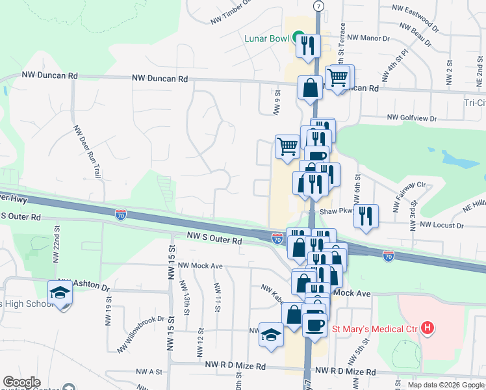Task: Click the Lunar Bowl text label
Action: tap(266, 38)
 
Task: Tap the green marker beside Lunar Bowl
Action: tap(298, 38)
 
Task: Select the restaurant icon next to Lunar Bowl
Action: tap(307, 45)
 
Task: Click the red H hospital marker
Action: tap(427, 328)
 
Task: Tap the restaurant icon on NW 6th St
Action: tap(367, 216)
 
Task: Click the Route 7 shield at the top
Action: tap(318, 5)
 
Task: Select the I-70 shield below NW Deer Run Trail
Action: tap(121, 213)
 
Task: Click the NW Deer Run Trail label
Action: tap(88, 152)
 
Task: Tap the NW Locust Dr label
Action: tap(442, 225)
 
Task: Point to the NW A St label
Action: tap(149, 372)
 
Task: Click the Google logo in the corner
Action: tap(22, 382)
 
